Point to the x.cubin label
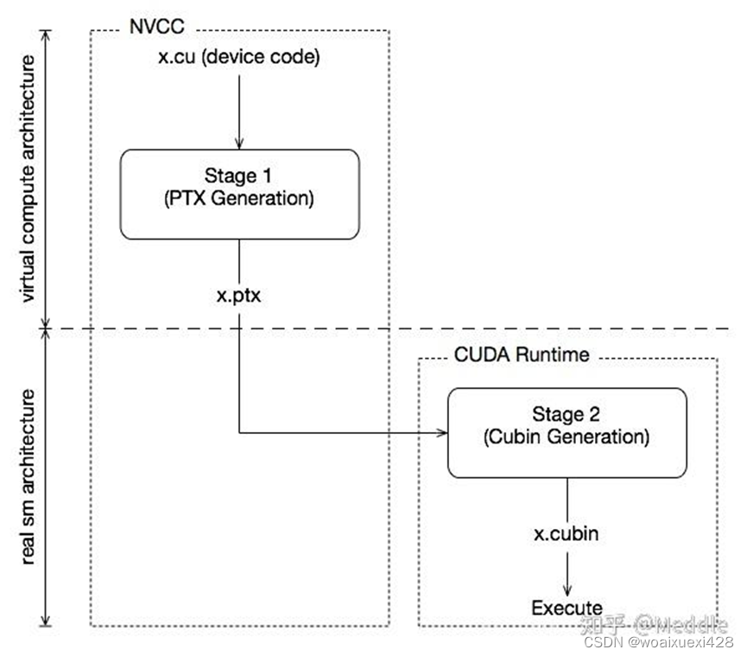567,533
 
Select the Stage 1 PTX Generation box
239,194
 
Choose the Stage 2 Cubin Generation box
567,432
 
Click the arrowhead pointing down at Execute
567,589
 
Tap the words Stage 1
239,177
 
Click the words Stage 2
567,415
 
